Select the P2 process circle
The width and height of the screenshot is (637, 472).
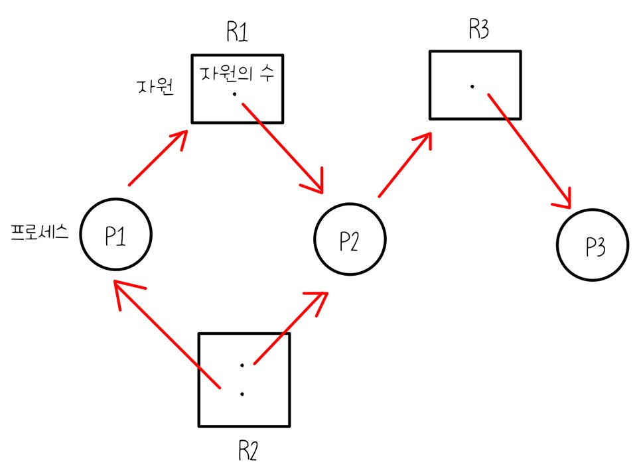click(349, 241)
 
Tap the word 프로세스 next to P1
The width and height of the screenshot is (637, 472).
click(41, 233)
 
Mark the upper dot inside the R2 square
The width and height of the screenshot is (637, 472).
click(242, 365)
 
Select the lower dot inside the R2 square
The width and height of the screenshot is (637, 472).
click(242, 394)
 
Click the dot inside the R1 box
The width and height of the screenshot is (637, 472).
click(235, 95)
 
